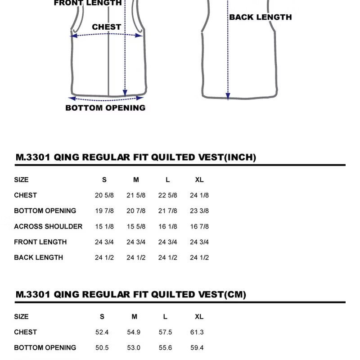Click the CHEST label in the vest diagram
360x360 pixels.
(x=106, y=27)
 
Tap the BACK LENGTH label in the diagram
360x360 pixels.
(x=261, y=18)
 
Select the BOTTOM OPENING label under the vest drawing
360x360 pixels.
(x=105, y=108)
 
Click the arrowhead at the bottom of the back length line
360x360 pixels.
(x=228, y=95)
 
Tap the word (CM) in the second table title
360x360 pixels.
(x=235, y=295)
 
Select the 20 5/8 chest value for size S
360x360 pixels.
(x=104, y=195)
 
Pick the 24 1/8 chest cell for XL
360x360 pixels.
(x=199, y=195)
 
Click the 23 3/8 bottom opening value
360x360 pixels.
(x=199, y=211)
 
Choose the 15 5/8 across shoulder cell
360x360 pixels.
(x=136, y=226)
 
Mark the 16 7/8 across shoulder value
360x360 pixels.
(x=199, y=226)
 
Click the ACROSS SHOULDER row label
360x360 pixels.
(x=48, y=226)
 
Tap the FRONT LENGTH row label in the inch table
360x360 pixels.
(x=40, y=242)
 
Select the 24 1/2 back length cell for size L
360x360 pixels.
(x=168, y=257)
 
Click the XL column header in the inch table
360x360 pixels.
(x=199, y=180)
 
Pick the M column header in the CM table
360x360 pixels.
(x=134, y=317)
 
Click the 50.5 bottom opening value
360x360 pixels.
(x=102, y=348)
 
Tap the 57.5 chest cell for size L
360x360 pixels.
(x=166, y=332)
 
